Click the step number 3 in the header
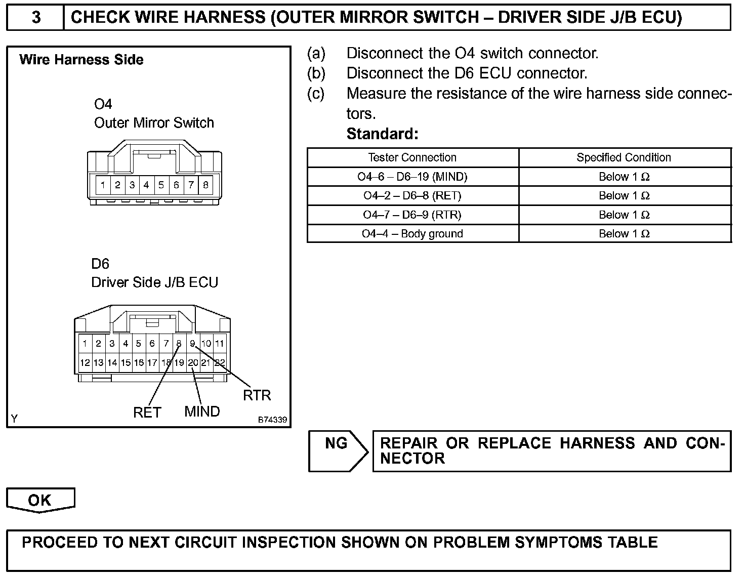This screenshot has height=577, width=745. (36, 18)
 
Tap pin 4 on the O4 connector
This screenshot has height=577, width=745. (146, 185)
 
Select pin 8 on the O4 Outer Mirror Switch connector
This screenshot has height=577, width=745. (205, 185)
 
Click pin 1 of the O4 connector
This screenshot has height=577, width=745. (103, 185)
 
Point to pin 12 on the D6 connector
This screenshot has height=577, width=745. (85, 362)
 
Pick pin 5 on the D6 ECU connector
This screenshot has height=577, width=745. (139, 344)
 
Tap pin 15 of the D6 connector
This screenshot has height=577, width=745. (126, 362)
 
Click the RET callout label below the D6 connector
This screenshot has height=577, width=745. (147, 413)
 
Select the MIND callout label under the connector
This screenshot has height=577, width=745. (202, 411)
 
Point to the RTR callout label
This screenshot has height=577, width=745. (257, 395)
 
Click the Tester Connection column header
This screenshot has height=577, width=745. (412, 157)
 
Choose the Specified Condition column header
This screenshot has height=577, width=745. (624, 157)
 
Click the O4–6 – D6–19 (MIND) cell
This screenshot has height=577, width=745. (412, 177)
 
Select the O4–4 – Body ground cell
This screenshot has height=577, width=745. (412, 234)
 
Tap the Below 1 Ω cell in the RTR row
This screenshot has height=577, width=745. (624, 215)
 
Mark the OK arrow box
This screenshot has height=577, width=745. (40, 500)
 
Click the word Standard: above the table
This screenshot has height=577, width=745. (383, 134)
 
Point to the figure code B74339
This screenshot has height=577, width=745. (272, 420)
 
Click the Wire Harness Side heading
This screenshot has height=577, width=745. (81, 60)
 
